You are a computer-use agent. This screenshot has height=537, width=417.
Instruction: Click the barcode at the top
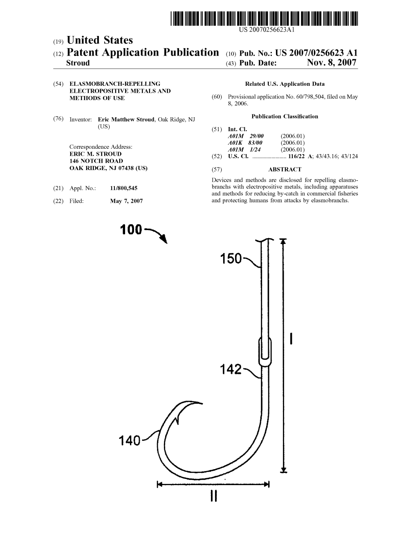(x=264, y=18)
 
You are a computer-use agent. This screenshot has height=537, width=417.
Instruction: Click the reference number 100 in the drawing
(x=131, y=229)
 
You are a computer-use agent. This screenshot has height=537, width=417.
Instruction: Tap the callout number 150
(x=231, y=259)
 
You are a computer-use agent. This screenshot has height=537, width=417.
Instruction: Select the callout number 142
(x=231, y=369)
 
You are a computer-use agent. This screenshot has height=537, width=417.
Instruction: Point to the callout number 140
(x=129, y=441)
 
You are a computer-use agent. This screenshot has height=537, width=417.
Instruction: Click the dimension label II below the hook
(x=213, y=496)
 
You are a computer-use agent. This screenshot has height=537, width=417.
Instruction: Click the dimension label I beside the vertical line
(x=291, y=339)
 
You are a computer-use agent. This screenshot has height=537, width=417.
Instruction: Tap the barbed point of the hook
(x=202, y=403)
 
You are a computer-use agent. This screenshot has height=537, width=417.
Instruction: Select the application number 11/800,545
(x=123, y=188)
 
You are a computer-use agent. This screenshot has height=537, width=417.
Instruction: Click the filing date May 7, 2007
(x=126, y=201)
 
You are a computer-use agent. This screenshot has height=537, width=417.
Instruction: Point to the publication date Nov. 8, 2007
(x=332, y=63)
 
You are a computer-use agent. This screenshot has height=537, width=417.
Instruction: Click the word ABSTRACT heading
(x=285, y=170)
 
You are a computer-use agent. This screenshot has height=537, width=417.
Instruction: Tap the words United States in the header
(x=100, y=40)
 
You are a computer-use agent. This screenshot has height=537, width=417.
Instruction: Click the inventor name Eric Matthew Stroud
(x=126, y=120)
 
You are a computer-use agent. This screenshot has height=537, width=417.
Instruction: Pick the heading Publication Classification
(x=285, y=116)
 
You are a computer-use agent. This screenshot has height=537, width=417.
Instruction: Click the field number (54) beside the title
(x=58, y=84)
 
